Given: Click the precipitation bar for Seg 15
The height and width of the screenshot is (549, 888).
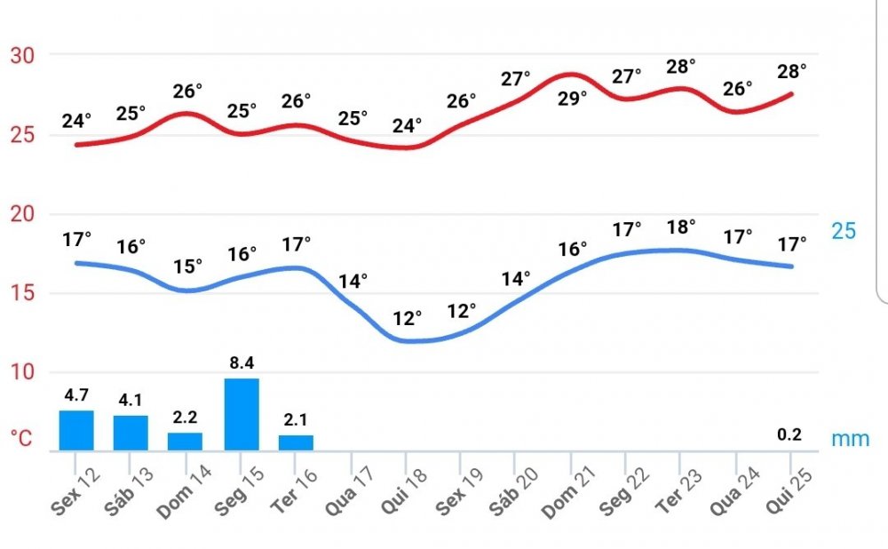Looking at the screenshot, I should point(242,415).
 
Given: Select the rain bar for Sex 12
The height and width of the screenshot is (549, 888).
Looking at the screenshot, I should point(76,431).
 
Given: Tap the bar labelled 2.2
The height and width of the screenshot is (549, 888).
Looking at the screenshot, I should point(186,442).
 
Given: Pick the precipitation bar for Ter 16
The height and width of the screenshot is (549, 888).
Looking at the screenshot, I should point(296,442).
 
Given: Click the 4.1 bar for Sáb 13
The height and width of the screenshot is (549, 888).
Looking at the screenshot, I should point(131,433).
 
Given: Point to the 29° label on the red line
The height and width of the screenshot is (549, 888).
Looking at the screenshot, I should point(572,98).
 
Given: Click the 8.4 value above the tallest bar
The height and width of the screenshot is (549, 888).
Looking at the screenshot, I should point(242,362).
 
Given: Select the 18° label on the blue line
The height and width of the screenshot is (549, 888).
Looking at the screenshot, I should point(681,227).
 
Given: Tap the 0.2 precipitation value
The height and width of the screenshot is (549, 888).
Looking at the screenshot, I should point(789,434).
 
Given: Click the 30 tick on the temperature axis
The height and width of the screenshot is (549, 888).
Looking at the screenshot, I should point(22,55).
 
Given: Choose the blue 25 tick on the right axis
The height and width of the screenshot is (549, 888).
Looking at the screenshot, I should point(844,231).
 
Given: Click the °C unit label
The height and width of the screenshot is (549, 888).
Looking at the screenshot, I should point(21,439).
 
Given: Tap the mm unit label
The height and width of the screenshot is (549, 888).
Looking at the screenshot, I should point(851,439).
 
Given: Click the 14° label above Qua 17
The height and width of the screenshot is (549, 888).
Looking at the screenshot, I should point(353,282).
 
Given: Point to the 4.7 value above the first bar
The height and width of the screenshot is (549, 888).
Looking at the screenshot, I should point(76,394).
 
